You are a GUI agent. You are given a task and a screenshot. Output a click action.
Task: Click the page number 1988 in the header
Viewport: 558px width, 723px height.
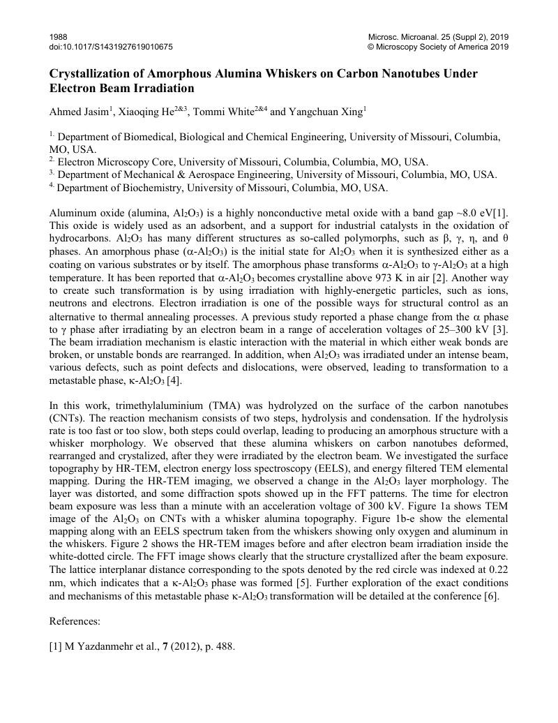coord(58,36)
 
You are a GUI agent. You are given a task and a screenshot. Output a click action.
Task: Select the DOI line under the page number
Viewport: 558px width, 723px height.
coord(111,47)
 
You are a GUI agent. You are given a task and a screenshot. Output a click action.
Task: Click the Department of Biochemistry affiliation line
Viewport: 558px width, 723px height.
coord(222,188)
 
